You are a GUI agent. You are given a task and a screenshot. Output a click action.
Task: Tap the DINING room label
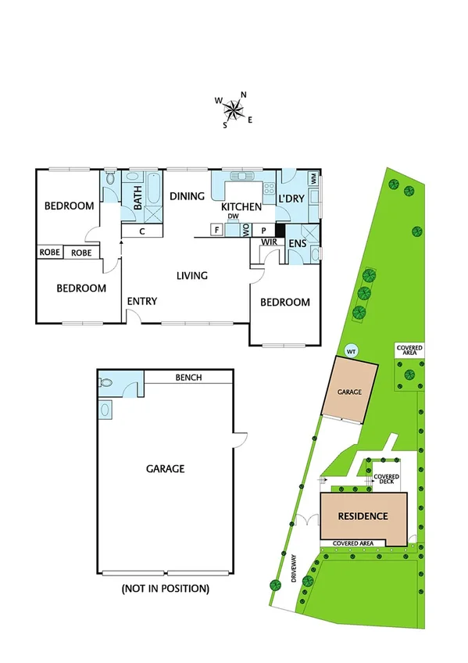(187, 196)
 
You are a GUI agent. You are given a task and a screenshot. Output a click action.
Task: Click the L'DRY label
(291, 200)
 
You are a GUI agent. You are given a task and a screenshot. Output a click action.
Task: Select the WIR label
(270, 243)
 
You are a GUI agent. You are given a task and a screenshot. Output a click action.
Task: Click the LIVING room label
(191, 275)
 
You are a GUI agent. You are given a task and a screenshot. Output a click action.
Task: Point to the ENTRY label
(142, 302)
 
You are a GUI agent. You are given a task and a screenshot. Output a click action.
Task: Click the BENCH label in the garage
(188, 378)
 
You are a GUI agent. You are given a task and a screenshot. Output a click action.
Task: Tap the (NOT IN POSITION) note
(165, 588)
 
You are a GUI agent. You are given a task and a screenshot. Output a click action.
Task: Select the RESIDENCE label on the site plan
(363, 517)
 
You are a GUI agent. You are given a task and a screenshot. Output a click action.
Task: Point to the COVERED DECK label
(386, 480)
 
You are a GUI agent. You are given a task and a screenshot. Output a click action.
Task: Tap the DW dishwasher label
(233, 217)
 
